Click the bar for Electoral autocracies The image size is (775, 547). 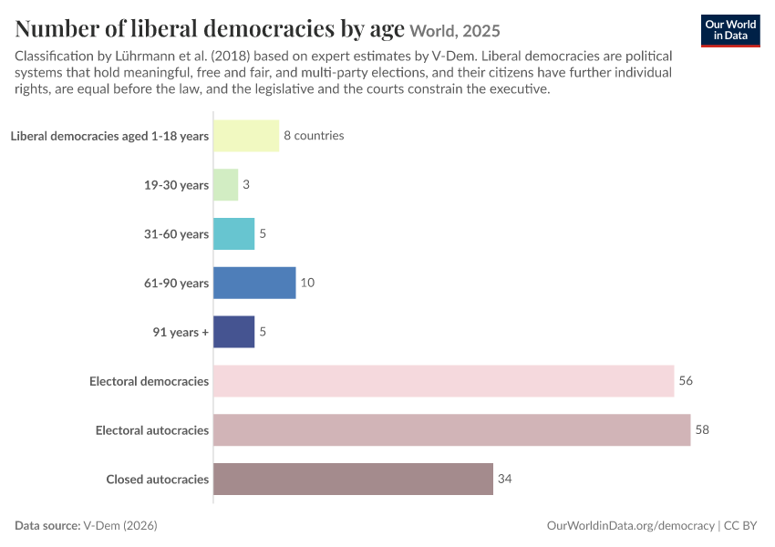coord(451,430)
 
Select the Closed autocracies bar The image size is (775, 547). coord(353,479)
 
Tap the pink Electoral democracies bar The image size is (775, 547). coord(444,381)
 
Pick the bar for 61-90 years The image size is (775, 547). coord(254,283)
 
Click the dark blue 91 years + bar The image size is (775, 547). coord(233,332)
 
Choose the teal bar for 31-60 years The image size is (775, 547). coord(233,233)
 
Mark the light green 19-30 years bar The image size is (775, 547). coord(225,185)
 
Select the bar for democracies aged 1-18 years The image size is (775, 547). coord(246,136)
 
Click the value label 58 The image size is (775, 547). coord(702,429)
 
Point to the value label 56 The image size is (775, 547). coord(686,380)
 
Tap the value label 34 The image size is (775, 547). coord(504,479)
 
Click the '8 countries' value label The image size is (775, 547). coord(314,136)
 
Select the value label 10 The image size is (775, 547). coord(307,282)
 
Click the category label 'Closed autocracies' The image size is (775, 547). coord(158,480)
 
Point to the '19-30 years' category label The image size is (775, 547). coord(177,185)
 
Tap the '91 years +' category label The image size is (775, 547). coord(181,332)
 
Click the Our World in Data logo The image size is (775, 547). coord(730,31)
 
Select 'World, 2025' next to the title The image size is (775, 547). coord(455,31)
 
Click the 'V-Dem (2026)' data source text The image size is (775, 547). coord(120,525)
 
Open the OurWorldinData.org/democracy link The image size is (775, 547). coord(631,525)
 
